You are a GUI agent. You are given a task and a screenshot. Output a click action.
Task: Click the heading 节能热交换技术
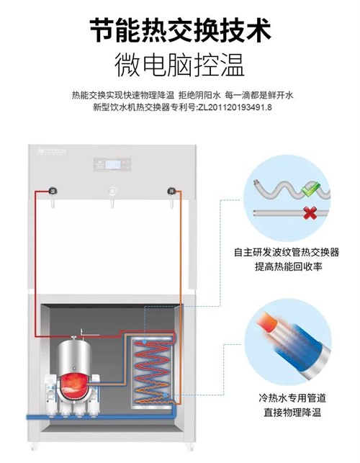tap(180, 30)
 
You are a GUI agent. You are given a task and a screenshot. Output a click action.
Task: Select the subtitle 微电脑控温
tap(179, 65)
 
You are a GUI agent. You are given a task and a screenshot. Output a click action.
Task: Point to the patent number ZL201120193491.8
tap(235, 107)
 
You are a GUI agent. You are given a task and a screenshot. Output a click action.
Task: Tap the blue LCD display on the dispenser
tap(113, 164)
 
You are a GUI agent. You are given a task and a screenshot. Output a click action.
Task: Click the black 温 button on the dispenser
tap(53, 191)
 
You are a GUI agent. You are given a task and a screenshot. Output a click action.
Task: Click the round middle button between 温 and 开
tap(112, 191)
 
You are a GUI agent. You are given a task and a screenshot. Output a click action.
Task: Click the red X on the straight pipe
tap(310, 213)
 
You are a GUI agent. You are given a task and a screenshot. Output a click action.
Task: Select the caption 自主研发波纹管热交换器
tap(287, 252)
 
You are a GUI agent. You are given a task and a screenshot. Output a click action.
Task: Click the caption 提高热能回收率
tap(288, 266)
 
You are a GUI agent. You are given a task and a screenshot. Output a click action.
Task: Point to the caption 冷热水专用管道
tap(292, 397)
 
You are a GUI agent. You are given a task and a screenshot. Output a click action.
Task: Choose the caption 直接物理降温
tap(292, 412)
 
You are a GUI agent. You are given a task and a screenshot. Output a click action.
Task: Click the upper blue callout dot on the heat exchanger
tap(145, 342)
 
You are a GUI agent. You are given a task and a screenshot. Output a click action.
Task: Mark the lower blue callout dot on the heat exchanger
tap(166, 395)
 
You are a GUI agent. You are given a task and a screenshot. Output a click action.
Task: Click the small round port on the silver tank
tap(74, 368)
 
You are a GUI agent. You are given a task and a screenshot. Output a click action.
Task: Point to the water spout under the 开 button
tap(171, 204)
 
